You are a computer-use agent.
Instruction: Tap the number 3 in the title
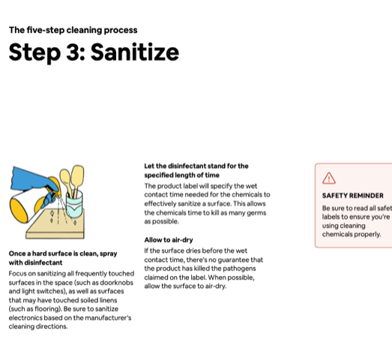point(76,52)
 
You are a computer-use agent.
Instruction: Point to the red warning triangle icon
point(328,178)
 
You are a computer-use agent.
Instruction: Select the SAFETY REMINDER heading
point(352,196)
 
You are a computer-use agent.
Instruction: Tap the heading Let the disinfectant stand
point(196,166)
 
